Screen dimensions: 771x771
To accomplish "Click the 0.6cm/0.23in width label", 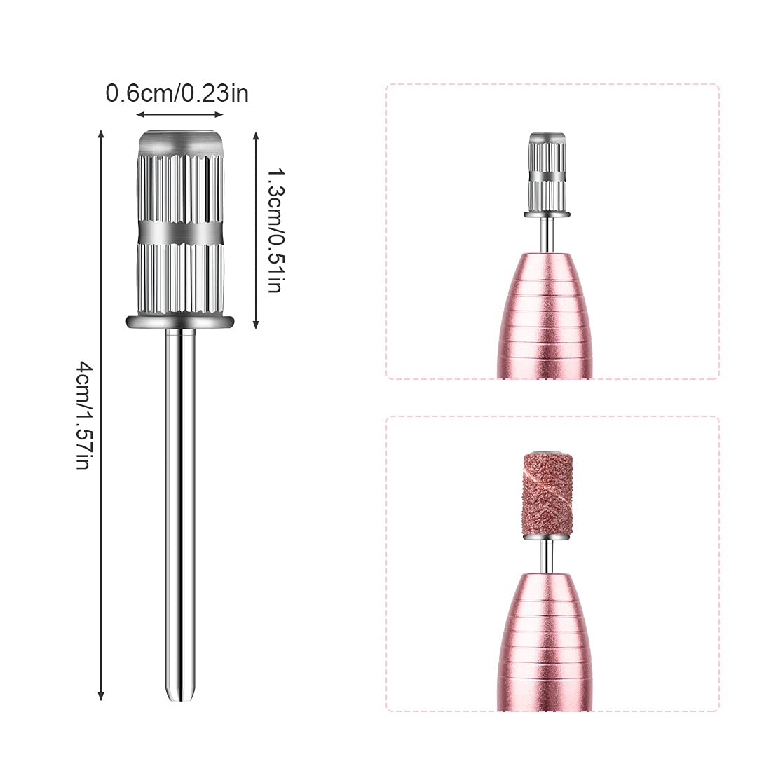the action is [177, 93].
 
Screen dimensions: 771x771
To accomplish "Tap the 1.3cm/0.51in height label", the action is [275, 231].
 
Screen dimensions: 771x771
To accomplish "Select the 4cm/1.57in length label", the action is [84, 415].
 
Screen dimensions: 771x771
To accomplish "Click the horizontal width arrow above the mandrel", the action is [180, 114].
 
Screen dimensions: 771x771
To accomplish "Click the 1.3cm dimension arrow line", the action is [255, 230].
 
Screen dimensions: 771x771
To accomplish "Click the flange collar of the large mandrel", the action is [180, 322].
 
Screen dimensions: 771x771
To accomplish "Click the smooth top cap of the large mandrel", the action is [180, 142].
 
